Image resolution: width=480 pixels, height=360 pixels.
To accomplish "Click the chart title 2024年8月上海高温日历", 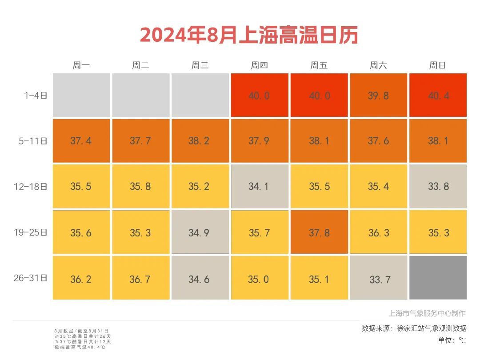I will click(x=249, y=35).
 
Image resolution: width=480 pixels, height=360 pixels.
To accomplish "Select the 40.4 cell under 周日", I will click(x=438, y=95).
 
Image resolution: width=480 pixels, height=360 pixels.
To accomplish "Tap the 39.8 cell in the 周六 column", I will click(x=378, y=95).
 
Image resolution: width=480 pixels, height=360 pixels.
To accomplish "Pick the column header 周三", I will click(x=200, y=66).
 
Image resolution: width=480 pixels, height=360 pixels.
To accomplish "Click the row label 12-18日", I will click(x=30, y=187).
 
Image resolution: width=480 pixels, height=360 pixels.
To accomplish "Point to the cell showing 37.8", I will click(x=319, y=232).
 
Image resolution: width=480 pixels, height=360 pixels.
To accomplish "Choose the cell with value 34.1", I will click(x=259, y=187).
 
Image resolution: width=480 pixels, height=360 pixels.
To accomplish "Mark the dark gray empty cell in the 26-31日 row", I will click(x=438, y=278).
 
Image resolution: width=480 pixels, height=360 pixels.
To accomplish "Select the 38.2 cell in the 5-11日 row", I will click(x=200, y=141).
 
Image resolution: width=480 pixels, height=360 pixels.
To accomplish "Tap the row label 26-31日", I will click(x=30, y=278).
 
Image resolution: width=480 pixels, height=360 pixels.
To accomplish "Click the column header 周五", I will click(x=319, y=66).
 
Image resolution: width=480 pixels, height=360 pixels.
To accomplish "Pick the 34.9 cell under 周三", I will click(x=200, y=232).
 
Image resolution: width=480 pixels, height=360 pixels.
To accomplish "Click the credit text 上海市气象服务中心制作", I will click(x=427, y=313).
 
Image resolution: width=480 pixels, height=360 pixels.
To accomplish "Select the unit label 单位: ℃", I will click(x=452, y=340).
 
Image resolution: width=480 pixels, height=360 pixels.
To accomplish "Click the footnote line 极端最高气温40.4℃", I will click(x=80, y=347).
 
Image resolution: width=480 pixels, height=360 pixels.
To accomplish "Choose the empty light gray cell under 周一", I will click(x=81, y=95).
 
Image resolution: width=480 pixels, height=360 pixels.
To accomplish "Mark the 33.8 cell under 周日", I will click(x=438, y=187).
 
